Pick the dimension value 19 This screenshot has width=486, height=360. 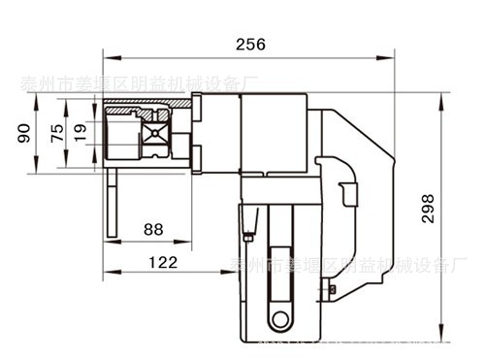80,133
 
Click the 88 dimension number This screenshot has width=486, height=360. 153,229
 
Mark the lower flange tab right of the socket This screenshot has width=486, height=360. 197,160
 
